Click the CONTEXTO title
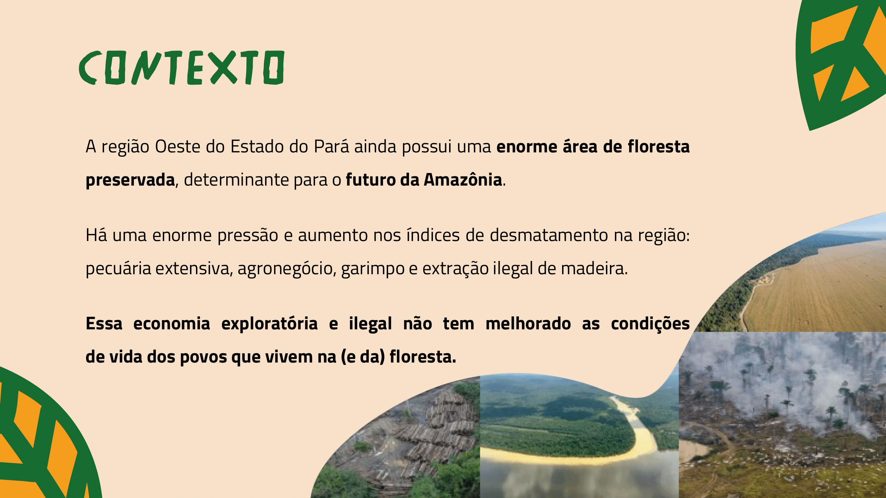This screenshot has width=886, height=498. (182, 68)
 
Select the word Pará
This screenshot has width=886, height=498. (331, 146)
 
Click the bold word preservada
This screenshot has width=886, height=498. (130, 180)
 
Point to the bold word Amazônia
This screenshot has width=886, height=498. (463, 179)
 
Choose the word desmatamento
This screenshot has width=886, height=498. (549, 235)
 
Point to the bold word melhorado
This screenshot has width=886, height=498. (528, 324)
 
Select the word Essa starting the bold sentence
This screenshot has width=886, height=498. (104, 324)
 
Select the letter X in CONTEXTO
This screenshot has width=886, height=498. (224, 67)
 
